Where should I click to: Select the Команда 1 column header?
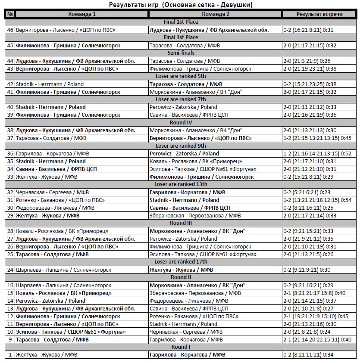(82, 14)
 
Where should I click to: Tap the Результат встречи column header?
(319, 14)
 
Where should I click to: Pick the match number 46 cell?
(10, 30)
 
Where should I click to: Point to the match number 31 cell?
(10, 200)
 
